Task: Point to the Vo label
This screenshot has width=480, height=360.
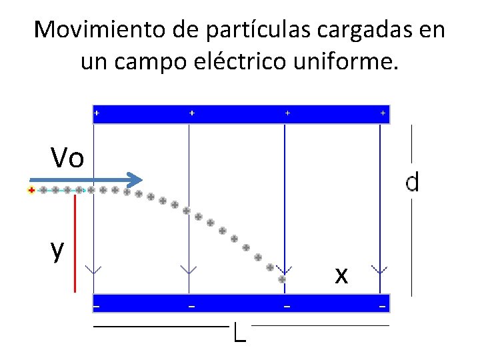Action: (x=67, y=159)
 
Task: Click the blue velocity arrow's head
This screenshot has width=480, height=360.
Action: (x=136, y=179)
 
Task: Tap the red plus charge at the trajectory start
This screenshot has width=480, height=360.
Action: (x=31, y=191)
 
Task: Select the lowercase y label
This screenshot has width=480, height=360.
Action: (x=58, y=250)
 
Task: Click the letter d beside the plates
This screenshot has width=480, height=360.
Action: (x=413, y=182)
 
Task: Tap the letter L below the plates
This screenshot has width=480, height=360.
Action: (x=240, y=332)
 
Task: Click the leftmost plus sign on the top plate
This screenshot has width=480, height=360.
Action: (x=97, y=113)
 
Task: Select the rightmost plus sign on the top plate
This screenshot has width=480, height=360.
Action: (x=383, y=113)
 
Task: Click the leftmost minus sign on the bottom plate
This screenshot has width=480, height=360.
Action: (x=96, y=307)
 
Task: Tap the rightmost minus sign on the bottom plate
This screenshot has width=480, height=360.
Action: (x=383, y=307)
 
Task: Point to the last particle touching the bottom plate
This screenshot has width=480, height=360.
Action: (x=282, y=280)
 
